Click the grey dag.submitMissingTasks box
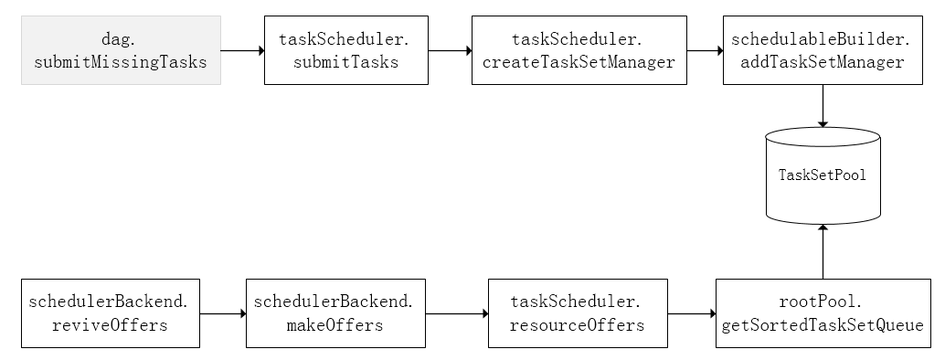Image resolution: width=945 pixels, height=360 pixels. point(121,50)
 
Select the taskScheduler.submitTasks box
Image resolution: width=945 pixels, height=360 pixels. point(345,50)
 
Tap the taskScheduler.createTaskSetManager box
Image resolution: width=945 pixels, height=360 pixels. point(579,50)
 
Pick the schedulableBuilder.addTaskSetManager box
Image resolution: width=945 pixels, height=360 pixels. point(823,50)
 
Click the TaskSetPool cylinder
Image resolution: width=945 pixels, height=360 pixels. point(823,175)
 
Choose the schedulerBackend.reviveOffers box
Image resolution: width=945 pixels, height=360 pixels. point(110,313)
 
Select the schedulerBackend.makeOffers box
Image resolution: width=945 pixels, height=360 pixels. point(335,313)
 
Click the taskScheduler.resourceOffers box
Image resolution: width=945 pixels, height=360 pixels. point(578,313)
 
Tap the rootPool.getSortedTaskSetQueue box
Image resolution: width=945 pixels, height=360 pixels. point(823,313)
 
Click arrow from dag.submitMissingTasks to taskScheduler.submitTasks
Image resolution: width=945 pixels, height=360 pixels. point(242,51)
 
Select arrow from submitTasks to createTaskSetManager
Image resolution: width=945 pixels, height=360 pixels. point(450,51)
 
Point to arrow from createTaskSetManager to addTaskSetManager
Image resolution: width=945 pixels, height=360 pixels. point(705,51)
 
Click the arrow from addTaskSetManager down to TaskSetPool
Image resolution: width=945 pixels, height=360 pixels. point(823,106)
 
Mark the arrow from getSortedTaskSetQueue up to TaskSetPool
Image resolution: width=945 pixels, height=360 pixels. point(823,251)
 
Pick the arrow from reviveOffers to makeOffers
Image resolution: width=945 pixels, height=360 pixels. point(223,314)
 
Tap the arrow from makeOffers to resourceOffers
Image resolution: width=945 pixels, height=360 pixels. point(457,314)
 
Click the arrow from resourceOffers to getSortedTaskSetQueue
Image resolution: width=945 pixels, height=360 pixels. point(691,314)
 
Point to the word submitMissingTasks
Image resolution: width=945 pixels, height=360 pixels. point(121,62)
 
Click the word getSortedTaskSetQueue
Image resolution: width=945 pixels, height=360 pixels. point(823,325)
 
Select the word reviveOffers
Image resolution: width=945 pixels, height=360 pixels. point(110,325)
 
